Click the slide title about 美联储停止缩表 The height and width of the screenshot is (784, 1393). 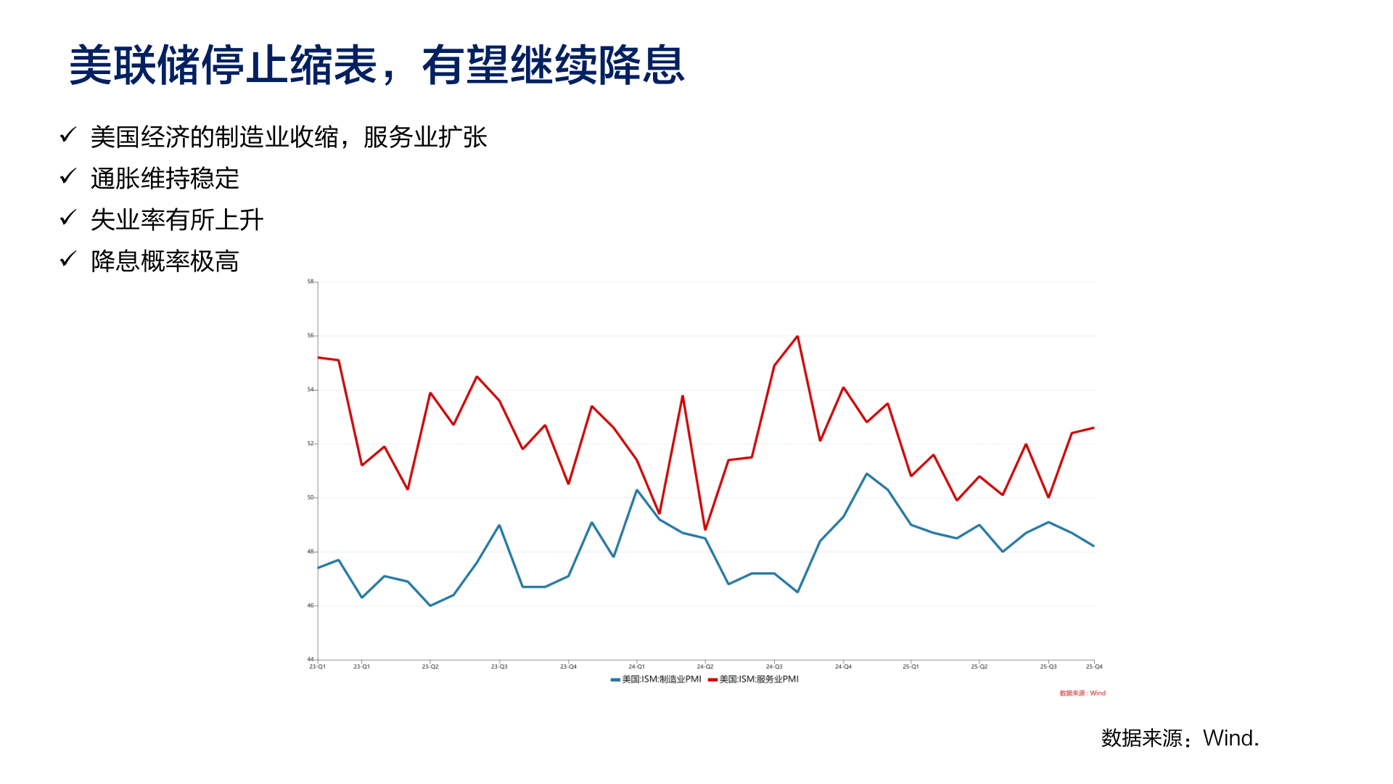[377, 65]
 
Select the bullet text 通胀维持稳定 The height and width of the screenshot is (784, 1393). [165, 179]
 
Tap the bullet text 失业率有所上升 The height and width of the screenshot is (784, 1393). [177, 220]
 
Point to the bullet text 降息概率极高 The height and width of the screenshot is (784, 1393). [165, 261]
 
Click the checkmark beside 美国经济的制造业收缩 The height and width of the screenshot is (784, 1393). [68, 136]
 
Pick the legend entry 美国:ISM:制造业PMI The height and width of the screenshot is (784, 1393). [657, 679]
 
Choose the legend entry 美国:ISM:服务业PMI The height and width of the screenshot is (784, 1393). [754, 679]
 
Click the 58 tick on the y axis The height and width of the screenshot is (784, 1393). [311, 282]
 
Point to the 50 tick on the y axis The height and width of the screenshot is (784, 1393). [311, 498]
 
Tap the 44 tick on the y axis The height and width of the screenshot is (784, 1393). [311, 659]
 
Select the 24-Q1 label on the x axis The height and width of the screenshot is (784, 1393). [636, 666]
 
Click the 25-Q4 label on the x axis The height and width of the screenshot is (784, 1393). [1093, 666]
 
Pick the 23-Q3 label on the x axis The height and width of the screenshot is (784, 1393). [499, 666]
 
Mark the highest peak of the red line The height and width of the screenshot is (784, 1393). [797, 337]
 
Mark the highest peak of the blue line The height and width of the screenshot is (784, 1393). [866, 474]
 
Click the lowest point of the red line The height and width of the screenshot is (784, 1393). [705, 529]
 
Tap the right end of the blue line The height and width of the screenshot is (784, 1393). [1093, 546]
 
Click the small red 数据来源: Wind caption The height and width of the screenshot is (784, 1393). [1082, 693]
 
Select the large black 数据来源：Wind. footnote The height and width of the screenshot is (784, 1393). [1180, 738]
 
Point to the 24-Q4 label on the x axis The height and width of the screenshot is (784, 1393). [843, 666]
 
